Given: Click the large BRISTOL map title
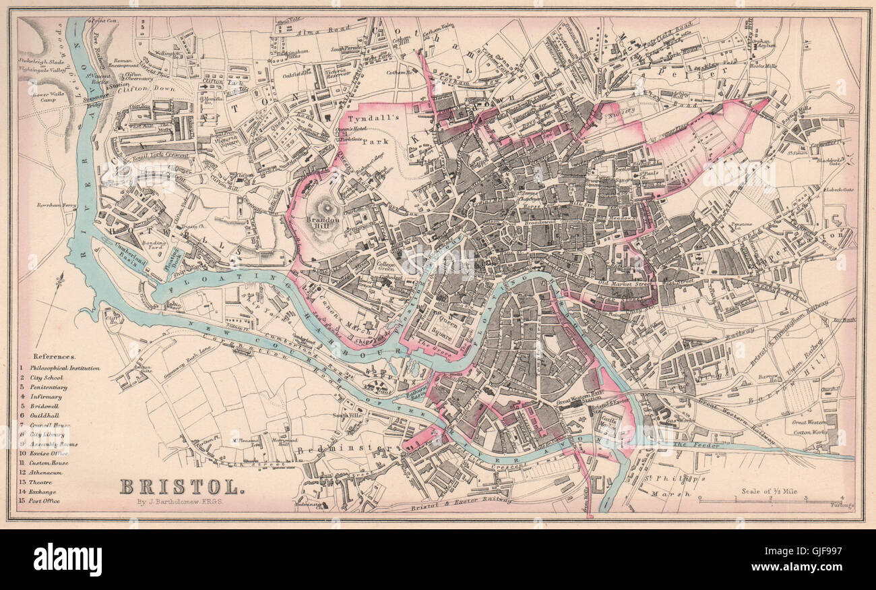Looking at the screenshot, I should (x=181, y=486).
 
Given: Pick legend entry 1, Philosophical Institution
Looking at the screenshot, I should (x=61, y=368).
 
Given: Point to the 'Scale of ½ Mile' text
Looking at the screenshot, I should (x=769, y=492).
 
